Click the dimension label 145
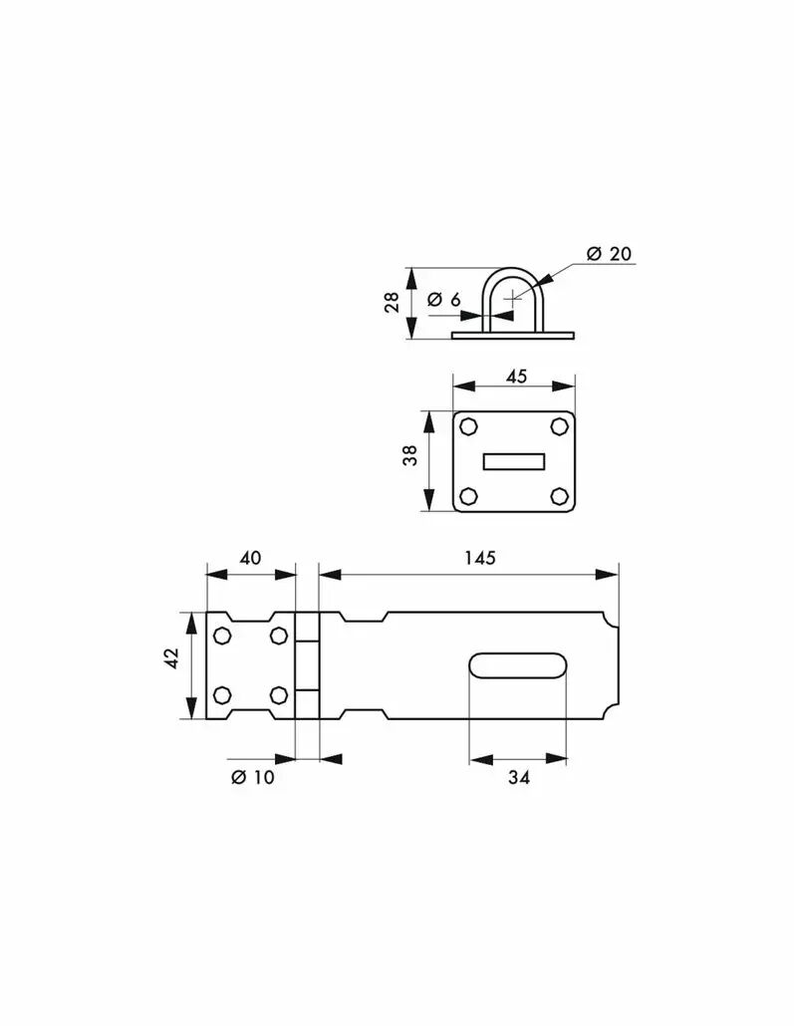point(480,558)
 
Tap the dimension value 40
point(250,558)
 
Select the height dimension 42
point(171,657)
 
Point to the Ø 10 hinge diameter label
point(253,777)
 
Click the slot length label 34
point(518,777)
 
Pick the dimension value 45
point(516,377)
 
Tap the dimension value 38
point(409,455)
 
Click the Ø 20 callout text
point(610,254)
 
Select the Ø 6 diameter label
point(443,300)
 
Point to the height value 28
point(393,302)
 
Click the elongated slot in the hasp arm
point(517,666)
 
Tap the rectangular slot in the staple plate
point(514,461)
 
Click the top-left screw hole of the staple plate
point(468,426)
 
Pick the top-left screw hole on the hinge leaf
point(222,636)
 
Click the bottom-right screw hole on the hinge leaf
point(278,695)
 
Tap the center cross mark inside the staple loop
point(512,299)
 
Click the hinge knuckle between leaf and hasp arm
point(307,665)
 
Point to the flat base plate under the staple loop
point(512,336)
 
